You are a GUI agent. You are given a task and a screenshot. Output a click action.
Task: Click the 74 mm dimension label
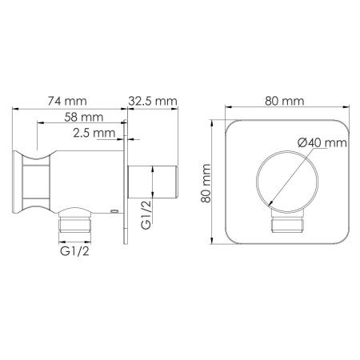click(67, 101)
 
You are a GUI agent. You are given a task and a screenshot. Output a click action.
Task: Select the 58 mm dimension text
click(84, 117)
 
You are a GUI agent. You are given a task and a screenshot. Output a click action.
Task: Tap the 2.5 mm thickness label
click(94, 133)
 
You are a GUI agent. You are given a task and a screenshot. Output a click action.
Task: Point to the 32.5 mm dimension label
click(153, 101)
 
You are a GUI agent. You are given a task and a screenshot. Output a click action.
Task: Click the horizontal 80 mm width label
click(285, 101)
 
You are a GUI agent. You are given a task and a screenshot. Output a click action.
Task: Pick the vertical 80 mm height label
click(206, 183)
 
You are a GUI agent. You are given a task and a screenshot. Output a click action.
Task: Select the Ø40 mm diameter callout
click(322, 142)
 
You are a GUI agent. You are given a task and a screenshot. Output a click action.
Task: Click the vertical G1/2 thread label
click(146, 214)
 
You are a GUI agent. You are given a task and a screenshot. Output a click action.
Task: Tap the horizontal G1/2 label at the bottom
click(74, 251)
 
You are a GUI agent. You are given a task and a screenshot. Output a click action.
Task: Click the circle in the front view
click(257, 182)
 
